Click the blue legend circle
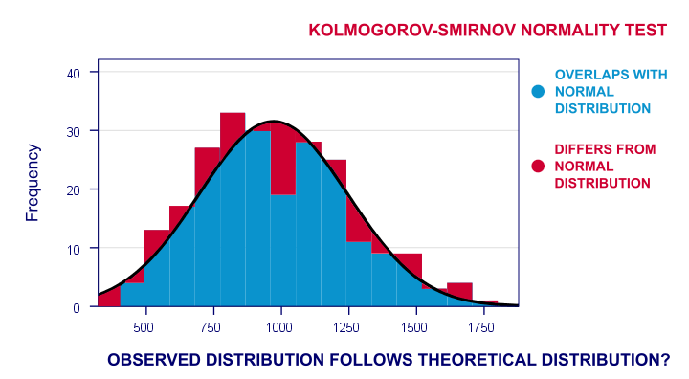click(x=538, y=91)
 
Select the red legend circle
click(x=538, y=166)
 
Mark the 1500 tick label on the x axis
click(x=415, y=327)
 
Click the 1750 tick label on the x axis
click(x=483, y=327)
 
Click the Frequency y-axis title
click(x=33, y=183)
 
